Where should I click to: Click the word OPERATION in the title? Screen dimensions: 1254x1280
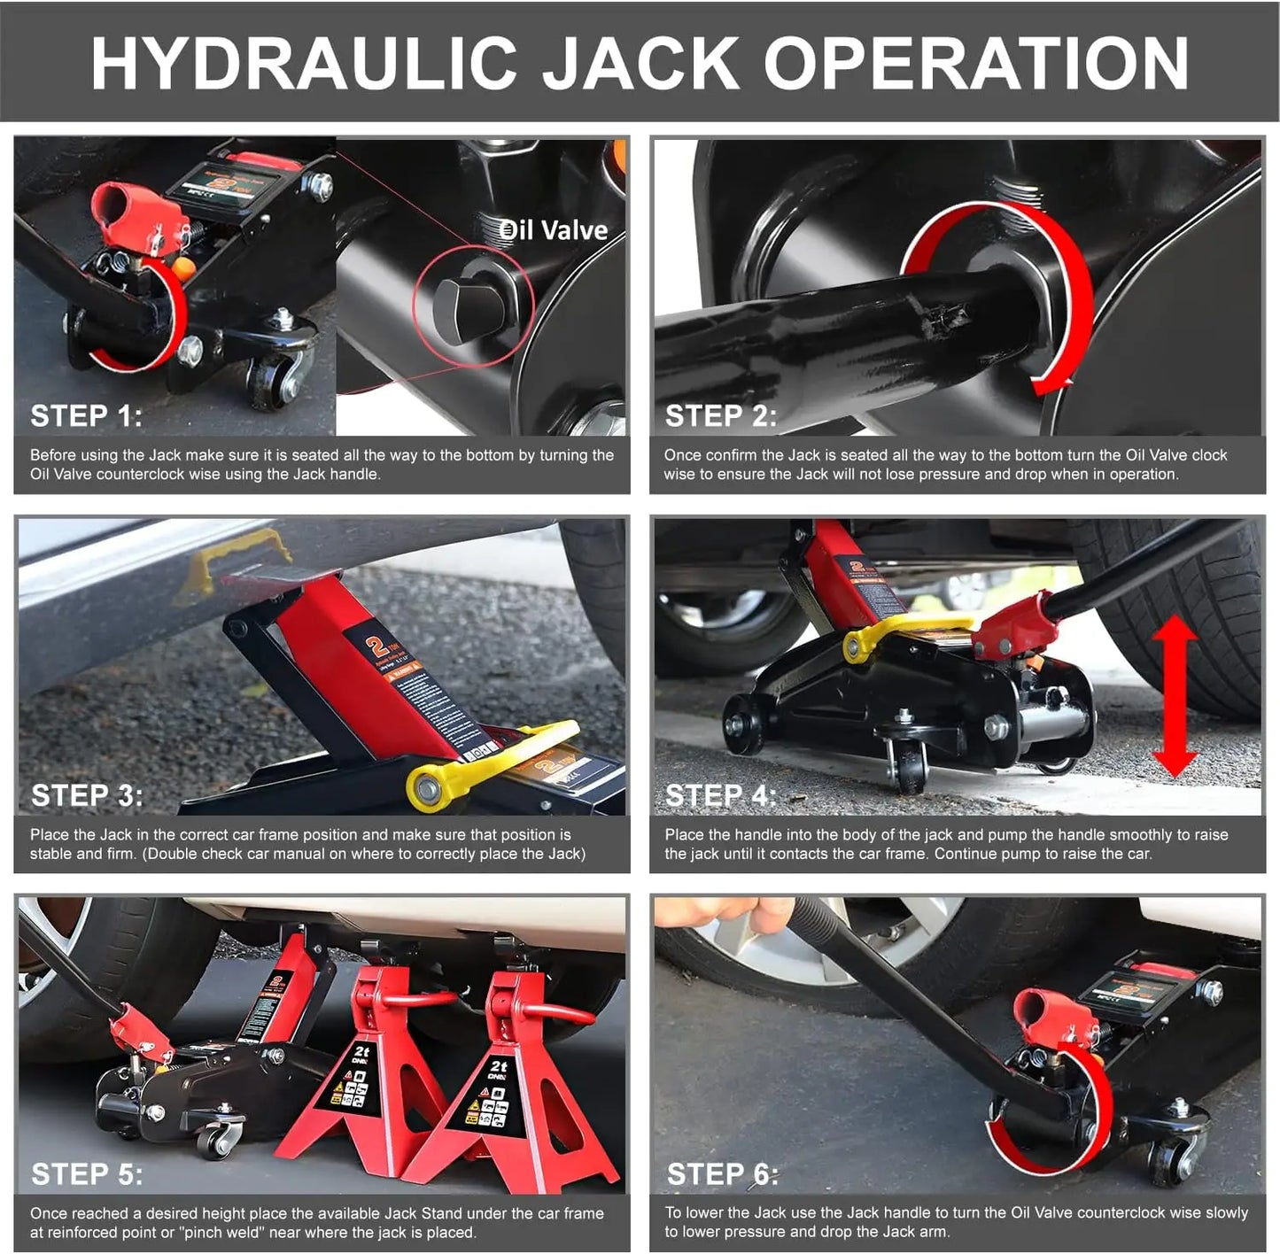point(976,64)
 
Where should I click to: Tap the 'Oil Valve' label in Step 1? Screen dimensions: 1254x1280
point(554,231)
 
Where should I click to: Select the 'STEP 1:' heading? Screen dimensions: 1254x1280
point(86,416)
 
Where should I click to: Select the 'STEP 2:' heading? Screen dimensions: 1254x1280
point(721,416)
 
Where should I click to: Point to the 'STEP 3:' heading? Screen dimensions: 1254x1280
point(87,796)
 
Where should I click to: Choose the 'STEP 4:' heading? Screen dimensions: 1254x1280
point(721,796)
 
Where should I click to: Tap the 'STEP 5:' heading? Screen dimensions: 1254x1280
point(87,1174)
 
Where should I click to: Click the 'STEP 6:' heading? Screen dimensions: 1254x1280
point(723,1174)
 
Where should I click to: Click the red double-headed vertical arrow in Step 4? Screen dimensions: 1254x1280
point(1175,697)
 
